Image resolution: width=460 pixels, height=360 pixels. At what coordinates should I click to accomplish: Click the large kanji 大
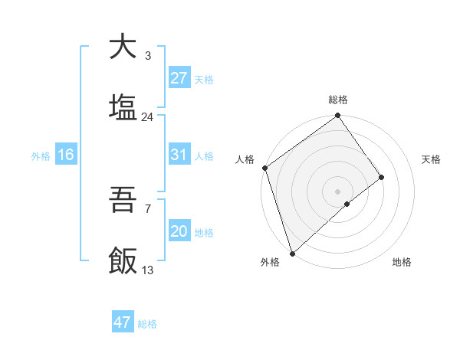coord(123,47)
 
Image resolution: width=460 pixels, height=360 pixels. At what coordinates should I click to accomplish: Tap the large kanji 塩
coord(123,107)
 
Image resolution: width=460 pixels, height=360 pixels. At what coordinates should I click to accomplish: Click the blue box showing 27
coord(179,78)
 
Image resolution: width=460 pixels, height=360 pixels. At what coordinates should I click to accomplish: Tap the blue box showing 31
coord(179,155)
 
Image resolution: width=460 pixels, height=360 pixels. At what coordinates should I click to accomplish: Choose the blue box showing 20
coord(179,231)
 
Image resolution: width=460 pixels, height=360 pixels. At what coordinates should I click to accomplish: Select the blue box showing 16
coord(66,155)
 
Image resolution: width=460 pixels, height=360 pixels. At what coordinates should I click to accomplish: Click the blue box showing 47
coord(123,322)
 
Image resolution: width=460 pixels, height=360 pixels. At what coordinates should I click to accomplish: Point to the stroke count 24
coord(147,117)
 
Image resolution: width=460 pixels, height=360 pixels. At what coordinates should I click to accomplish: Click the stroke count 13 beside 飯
coord(147,270)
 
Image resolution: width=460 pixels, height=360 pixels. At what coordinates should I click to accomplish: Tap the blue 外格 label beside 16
coord(41,155)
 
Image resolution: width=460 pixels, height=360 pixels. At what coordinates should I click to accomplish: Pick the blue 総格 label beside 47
coord(147,324)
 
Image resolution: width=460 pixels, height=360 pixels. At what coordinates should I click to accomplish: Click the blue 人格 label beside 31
coord(204,155)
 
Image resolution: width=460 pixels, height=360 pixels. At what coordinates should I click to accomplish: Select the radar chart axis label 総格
coord(338,100)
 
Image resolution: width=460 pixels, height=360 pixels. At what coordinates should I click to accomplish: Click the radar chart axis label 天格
coord(431,159)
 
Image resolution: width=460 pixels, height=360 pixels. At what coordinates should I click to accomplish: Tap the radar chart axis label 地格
coord(402,263)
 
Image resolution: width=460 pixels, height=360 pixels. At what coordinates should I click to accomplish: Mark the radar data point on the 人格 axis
coord(264,168)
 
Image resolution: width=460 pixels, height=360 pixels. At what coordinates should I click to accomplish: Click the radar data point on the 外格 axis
coord(292,253)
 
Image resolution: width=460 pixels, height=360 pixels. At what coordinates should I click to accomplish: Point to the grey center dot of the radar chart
coord(338,191)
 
